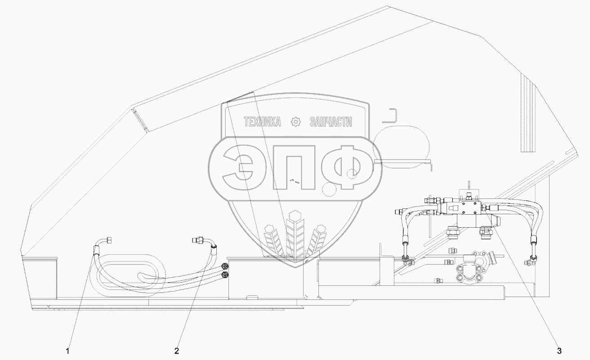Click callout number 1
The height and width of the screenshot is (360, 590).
click(68, 351)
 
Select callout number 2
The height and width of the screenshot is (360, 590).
click(177, 351)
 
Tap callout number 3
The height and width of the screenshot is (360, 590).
click(559, 351)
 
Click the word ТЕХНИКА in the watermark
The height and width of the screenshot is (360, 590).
click(262, 122)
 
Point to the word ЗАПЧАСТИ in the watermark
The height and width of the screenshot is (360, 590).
click(331, 122)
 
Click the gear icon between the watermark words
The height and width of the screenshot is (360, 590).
click(295, 122)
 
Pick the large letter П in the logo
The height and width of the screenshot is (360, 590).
click(294, 171)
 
